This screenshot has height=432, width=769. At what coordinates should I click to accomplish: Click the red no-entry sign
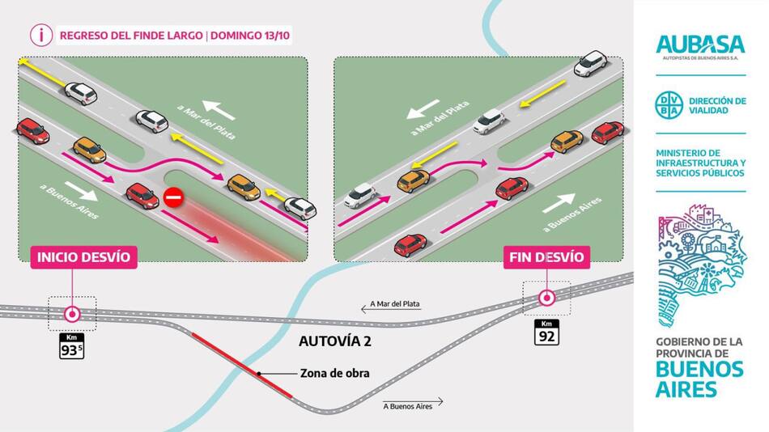click(172, 197)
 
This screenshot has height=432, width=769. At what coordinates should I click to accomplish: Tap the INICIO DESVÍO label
click(82, 257)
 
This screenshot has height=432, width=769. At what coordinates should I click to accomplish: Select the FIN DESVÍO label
click(546, 257)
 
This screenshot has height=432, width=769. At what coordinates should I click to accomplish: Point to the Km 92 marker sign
click(546, 332)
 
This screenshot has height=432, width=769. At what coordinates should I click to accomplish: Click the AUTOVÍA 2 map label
click(335, 341)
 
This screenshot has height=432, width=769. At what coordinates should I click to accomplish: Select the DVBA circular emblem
click(669, 105)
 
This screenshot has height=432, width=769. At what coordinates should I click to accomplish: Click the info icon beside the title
click(40, 35)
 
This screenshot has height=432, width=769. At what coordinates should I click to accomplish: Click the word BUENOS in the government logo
click(700, 369)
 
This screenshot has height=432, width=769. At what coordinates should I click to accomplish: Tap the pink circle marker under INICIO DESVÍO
click(72, 314)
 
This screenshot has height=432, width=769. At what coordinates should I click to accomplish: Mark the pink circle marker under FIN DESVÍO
click(546, 298)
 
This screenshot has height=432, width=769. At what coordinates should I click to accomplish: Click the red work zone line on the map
click(242, 365)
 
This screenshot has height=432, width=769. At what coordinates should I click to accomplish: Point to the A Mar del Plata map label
click(395, 304)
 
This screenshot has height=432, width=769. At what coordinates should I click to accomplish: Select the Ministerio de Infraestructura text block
click(700, 163)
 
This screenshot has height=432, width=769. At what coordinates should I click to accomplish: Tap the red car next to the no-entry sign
click(142, 195)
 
